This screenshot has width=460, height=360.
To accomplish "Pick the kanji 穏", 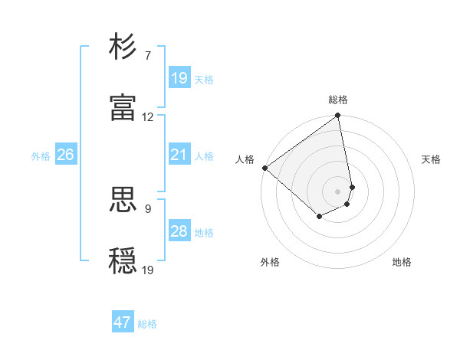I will [123, 260].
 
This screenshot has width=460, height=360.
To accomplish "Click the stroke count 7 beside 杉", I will [147, 56].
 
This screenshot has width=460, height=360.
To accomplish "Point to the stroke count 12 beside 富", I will [148, 117].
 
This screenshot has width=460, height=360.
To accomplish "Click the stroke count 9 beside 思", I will [147, 208].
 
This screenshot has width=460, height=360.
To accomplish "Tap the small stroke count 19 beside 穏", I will [148, 269].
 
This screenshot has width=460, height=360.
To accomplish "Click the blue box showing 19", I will [179, 78].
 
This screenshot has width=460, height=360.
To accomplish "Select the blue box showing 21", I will [179, 155].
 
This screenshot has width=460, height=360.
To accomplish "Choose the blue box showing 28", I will [179, 231].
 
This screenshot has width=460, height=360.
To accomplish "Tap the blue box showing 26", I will [65, 155].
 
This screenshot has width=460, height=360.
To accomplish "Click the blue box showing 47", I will [123, 322].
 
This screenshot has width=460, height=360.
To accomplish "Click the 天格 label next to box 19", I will [204, 80].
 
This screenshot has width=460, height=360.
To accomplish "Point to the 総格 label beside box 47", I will [147, 324].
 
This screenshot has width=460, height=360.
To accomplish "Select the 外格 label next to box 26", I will [41, 156].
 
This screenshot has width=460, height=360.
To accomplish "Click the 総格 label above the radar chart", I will [338, 100].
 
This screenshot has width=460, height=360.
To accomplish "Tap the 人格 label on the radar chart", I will [245, 159].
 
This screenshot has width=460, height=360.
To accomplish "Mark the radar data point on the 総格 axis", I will [337, 116].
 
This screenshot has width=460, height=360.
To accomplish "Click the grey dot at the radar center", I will [337, 191].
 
